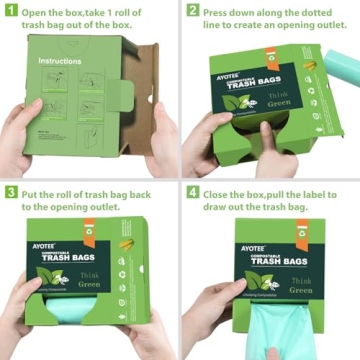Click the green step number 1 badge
(12, 12)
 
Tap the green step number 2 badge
(192, 12)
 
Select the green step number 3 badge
(12, 192)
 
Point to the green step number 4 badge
(192, 192)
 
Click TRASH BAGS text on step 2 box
(259, 100)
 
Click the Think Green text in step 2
(304, 119)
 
